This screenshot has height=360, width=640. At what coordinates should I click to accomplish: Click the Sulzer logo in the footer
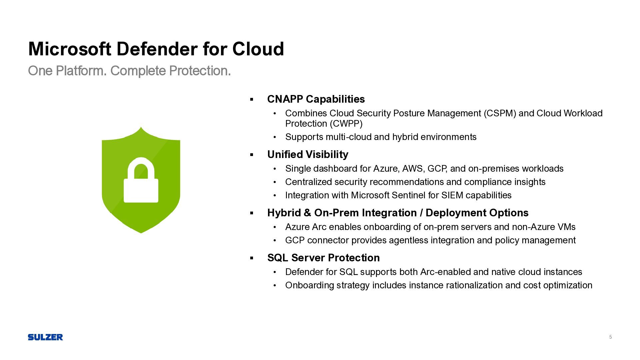click(45, 337)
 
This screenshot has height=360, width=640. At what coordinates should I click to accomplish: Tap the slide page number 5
click(610, 337)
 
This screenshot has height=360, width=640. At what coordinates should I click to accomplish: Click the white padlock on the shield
click(141, 180)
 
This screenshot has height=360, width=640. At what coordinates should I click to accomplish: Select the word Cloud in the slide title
click(258, 49)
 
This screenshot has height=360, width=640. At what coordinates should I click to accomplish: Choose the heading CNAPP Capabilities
click(316, 99)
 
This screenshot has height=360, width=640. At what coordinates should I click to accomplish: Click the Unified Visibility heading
click(308, 154)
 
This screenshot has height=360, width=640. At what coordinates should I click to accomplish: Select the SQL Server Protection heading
click(323, 258)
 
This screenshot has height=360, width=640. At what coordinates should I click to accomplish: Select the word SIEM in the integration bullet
click(452, 195)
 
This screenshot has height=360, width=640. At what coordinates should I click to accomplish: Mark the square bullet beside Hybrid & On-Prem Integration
click(252, 213)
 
